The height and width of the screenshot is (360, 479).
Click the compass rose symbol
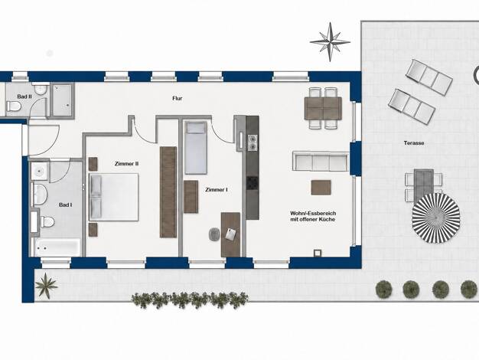click(330, 42)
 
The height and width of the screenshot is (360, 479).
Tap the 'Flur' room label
click(178, 99)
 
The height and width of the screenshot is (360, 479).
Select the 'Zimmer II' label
click(126, 164)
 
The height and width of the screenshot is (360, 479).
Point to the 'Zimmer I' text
click(217, 190)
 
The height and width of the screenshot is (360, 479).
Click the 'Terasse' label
click(414, 142)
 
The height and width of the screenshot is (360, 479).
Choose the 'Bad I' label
click(65, 205)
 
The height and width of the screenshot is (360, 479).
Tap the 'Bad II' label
click(24, 97)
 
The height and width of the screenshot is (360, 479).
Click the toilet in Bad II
click(14, 106)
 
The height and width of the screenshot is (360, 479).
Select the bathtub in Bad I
click(57, 247)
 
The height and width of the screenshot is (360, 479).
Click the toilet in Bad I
click(47, 221)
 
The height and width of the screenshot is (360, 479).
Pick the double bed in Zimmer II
click(113, 197)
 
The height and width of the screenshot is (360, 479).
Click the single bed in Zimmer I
click(196, 148)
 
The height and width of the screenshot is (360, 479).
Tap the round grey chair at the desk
click(214, 234)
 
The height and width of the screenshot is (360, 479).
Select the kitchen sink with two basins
click(253, 142)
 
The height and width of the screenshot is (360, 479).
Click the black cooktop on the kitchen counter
click(253, 183)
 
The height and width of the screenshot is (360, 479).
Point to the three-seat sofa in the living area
click(321, 161)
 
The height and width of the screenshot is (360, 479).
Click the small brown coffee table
click(321, 188)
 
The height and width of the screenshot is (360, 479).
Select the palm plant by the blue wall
click(46, 286)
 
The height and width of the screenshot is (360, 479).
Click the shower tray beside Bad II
click(62, 100)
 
